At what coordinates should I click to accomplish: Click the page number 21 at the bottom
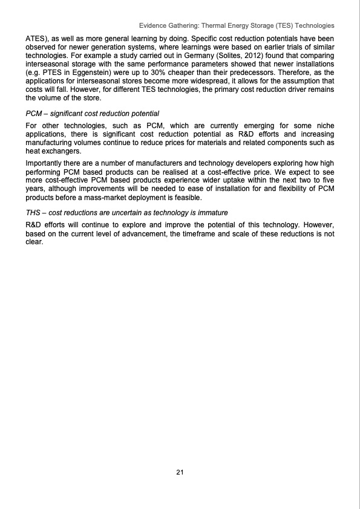pyautogui.click(x=180, y=472)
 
